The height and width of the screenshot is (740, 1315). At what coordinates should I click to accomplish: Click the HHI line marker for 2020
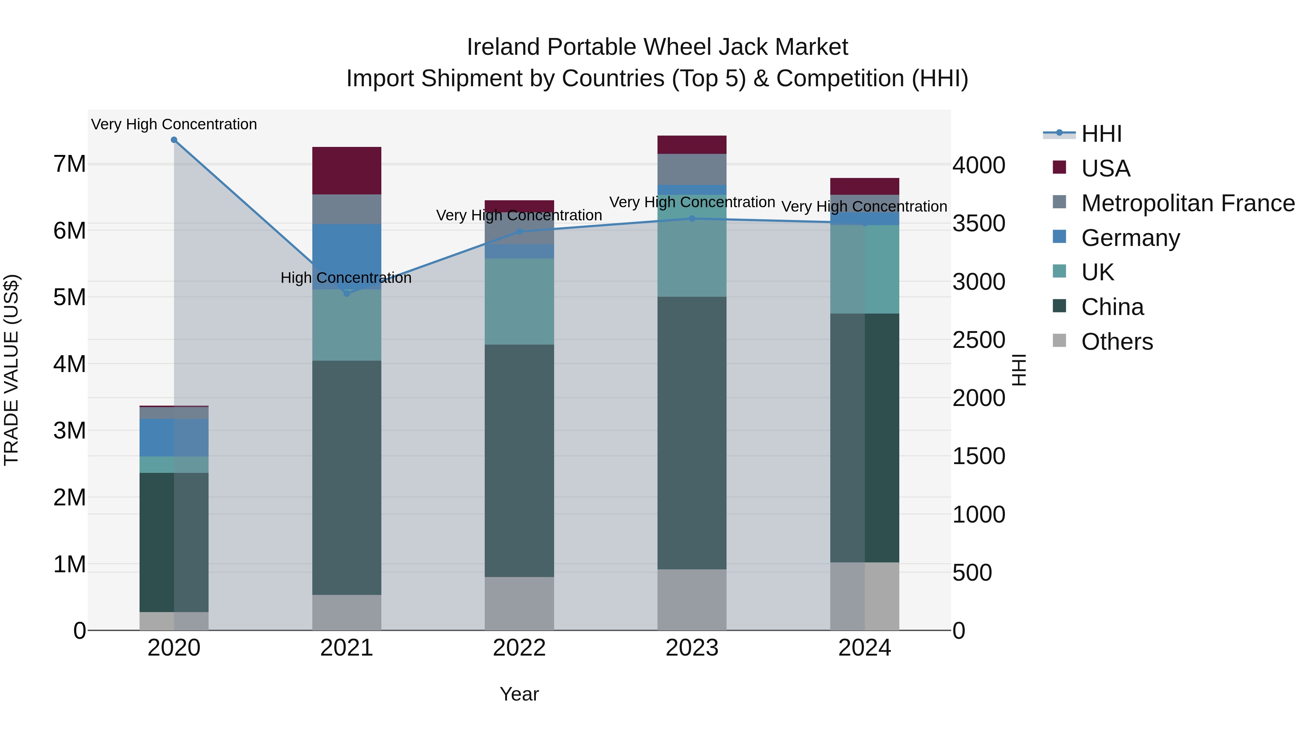coord(174,140)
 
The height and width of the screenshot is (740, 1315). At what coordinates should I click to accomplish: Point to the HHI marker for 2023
coord(692,219)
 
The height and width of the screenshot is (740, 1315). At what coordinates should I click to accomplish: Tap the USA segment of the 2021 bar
coord(347,171)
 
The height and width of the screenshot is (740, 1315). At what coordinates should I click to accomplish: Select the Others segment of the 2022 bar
coord(519,604)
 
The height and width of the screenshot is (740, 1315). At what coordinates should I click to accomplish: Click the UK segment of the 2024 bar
coord(864,269)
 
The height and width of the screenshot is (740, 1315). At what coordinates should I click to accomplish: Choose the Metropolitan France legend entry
coord(1188,203)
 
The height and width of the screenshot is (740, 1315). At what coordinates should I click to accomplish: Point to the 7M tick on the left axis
coord(69,164)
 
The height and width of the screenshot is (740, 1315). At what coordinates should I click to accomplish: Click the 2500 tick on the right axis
coord(979,340)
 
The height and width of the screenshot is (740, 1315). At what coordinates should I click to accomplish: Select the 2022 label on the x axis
coord(519,648)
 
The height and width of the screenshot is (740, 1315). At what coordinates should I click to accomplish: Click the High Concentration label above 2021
coord(346,278)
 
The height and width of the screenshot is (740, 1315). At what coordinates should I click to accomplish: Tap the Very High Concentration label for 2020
coord(174,124)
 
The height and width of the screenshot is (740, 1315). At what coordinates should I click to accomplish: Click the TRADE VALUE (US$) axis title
coord(11,370)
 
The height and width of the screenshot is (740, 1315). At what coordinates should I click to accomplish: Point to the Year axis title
coord(519,694)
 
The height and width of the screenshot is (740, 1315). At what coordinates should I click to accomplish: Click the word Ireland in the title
coord(503,47)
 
